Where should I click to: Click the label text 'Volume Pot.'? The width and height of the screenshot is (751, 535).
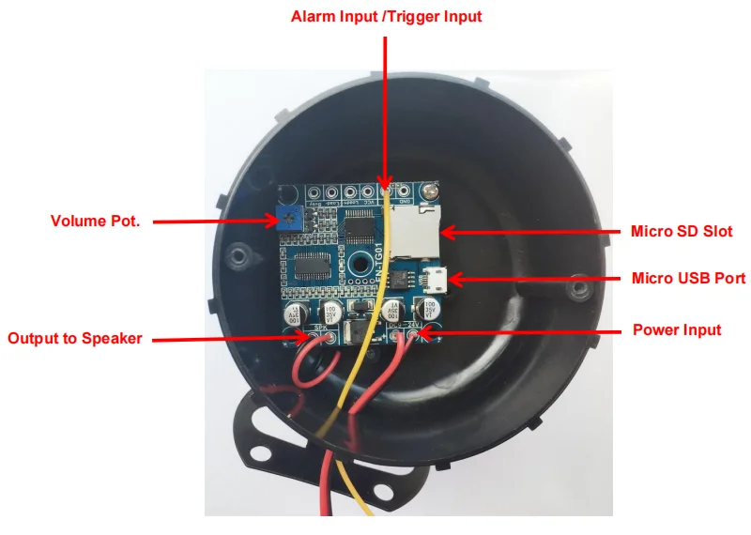pyautogui.click(x=94, y=222)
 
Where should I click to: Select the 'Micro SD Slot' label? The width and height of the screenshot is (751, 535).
pyautogui.click(x=681, y=231)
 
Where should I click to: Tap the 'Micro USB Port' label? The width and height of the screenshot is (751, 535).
pyautogui.click(x=688, y=279)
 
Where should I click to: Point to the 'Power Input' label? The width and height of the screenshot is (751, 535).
pyautogui.click(x=676, y=329)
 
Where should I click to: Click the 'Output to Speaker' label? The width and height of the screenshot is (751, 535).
pyautogui.click(x=75, y=338)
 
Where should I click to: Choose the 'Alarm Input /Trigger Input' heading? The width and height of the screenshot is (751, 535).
pyautogui.click(x=386, y=17)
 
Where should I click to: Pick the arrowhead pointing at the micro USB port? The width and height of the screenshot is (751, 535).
pyautogui.click(x=452, y=279)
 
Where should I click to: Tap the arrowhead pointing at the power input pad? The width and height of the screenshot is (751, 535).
pyautogui.click(x=425, y=331)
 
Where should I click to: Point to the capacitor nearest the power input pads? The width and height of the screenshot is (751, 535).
pyautogui.click(x=432, y=309)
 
